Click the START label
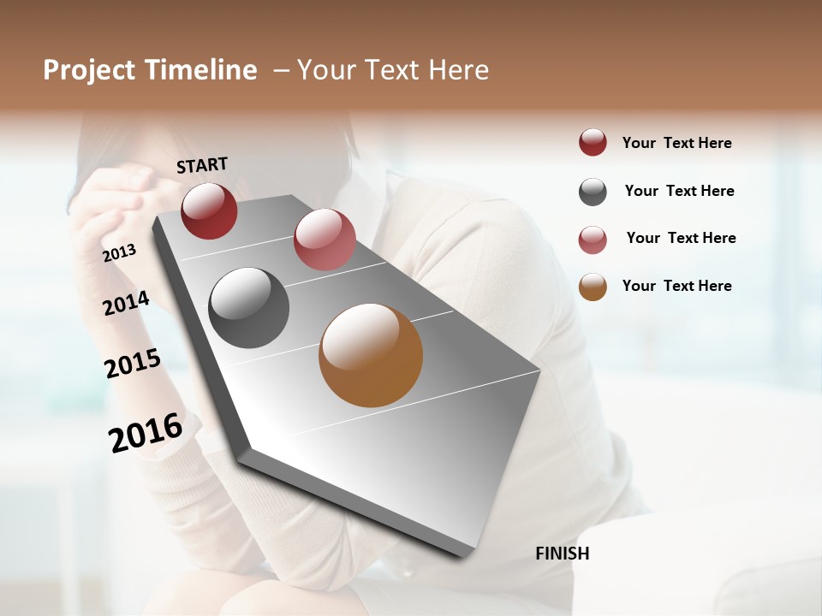pos(202,165)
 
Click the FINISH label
pos(562,554)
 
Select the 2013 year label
pos(120,253)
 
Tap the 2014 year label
pos(127,303)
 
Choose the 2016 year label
pos(146,432)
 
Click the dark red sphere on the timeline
pos(209,210)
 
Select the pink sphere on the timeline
pos(325,239)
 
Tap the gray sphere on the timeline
pos(249,308)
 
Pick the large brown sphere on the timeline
pos(371,355)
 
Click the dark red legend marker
pos(593,143)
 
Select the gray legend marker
pos(593,192)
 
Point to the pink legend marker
pos(593,240)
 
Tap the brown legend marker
pos(593,287)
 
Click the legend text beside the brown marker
pos(676,286)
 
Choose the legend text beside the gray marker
pos(679,191)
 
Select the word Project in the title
pos(89,70)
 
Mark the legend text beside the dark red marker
pos(676,143)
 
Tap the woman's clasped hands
pos(120,192)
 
